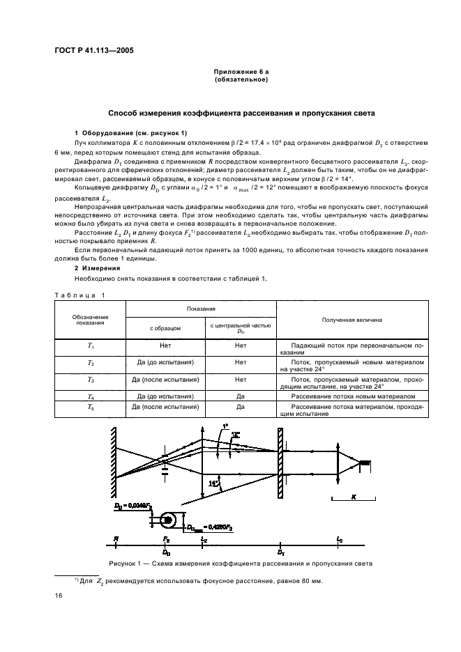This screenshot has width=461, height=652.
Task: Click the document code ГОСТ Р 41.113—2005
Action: click(x=95, y=49)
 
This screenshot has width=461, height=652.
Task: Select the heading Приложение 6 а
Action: click(x=241, y=72)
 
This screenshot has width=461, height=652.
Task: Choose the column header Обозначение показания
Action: click(x=90, y=320)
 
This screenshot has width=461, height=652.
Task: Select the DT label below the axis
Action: click(x=281, y=552)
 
